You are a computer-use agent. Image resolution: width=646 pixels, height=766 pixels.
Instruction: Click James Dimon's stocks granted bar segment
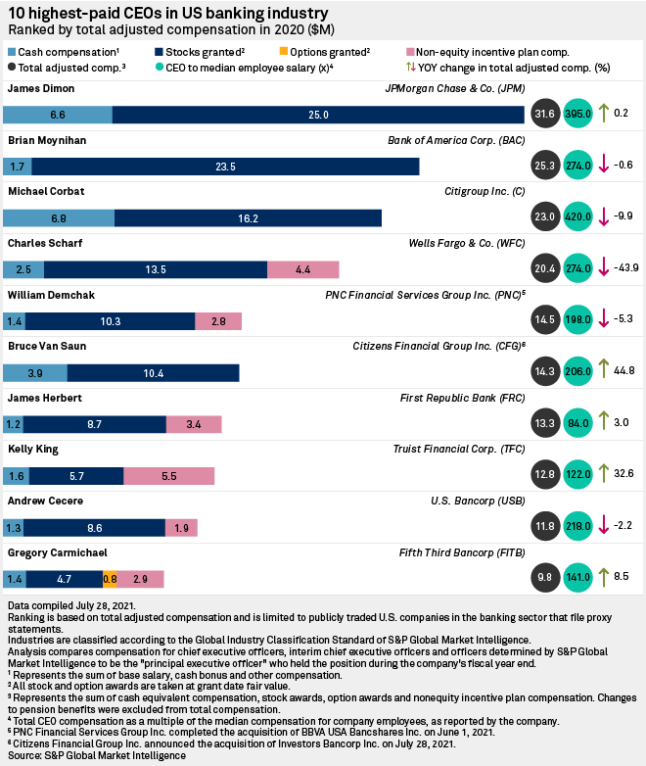coord(319,115)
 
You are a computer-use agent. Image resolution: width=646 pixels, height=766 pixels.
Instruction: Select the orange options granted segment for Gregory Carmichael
coord(111,579)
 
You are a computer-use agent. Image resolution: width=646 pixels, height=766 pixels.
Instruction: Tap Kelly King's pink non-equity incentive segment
coord(168,476)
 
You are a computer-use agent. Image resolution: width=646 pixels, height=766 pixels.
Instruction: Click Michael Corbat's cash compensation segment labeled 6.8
coord(59,217)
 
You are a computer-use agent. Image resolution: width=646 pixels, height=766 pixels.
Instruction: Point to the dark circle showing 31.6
coord(544,115)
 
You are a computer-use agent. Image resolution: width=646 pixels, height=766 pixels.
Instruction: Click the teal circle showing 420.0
coord(579,217)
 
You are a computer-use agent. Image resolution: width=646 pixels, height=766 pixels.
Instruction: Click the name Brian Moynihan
coord(47,140)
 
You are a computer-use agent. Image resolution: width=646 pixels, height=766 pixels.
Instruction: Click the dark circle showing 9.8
coord(544,579)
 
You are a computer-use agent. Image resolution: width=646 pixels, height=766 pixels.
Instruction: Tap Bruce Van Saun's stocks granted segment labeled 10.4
coord(153,372)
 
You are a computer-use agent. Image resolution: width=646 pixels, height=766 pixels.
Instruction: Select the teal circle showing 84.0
coord(579,424)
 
